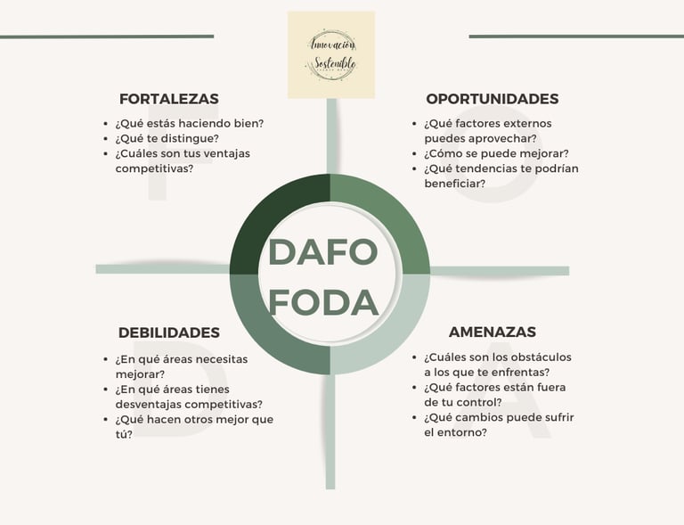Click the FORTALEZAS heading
click(x=168, y=99)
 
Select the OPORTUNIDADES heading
click(x=492, y=99)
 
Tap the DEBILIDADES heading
click(x=168, y=332)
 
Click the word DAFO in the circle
click(x=323, y=252)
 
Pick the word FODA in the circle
click(x=323, y=303)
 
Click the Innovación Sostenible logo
click(x=331, y=54)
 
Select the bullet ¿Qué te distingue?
click(x=167, y=138)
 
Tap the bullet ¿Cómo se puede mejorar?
click(x=496, y=153)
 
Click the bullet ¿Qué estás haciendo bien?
click(x=189, y=123)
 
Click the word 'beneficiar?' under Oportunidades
click(x=454, y=184)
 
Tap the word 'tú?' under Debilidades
click(x=124, y=434)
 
